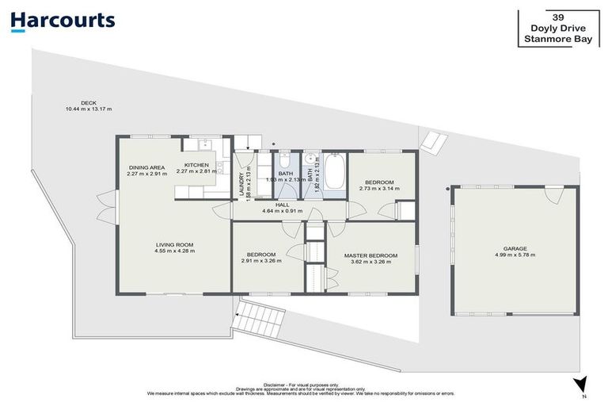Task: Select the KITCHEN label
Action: (x=196, y=165)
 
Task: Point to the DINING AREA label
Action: (x=146, y=167)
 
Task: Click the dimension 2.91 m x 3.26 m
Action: (x=261, y=261)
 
